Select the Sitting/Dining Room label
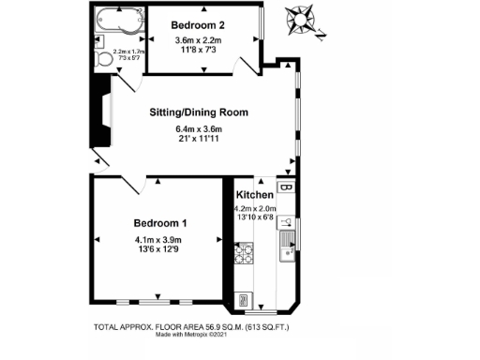(x=199, y=112)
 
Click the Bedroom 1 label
(x=160, y=223)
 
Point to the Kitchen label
(x=254, y=195)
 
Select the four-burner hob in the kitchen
(x=243, y=252)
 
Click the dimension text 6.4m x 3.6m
(x=199, y=129)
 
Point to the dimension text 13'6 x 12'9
(x=160, y=249)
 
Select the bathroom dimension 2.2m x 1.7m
(x=127, y=52)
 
